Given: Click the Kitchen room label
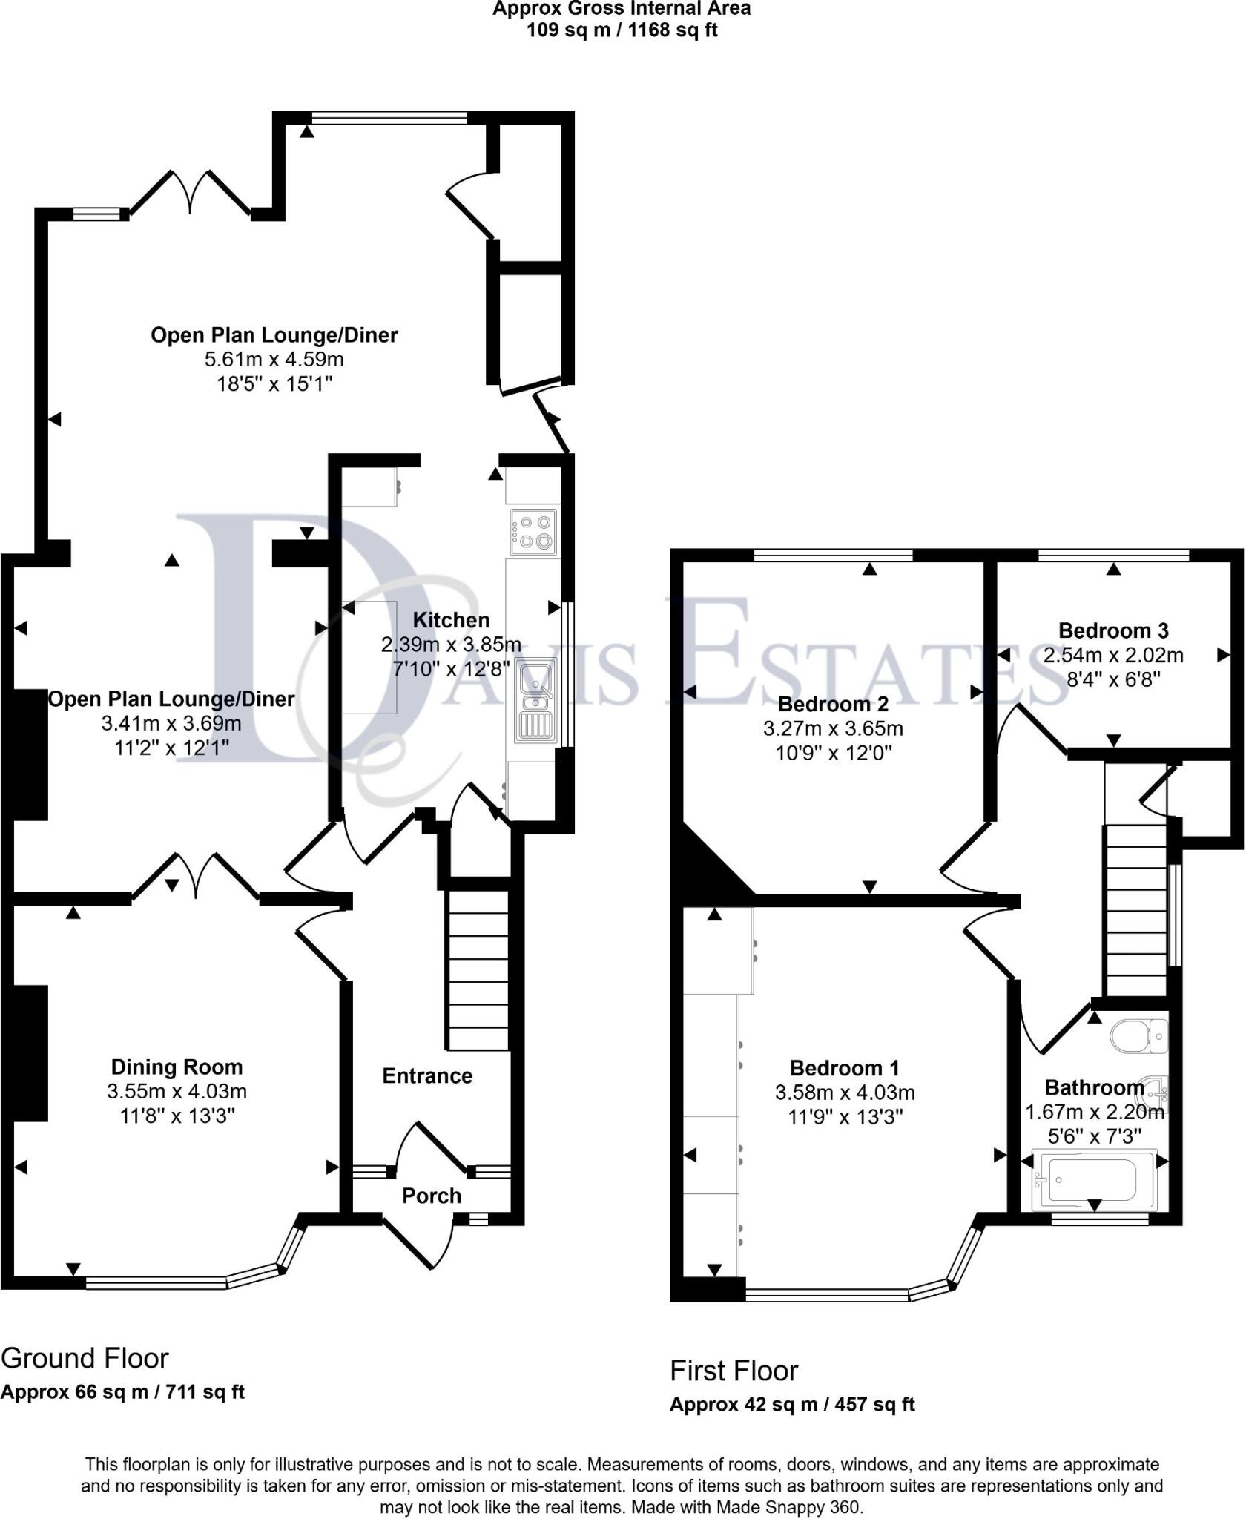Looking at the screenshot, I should [x=451, y=620].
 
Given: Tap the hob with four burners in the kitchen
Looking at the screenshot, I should [x=533, y=532].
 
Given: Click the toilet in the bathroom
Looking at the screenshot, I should [x=1139, y=1035].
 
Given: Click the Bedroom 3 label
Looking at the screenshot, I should [x=1112, y=630].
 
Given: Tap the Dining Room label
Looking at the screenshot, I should [x=177, y=1067].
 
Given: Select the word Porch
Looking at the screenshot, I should [x=431, y=1196].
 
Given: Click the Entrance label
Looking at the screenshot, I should [x=427, y=1076].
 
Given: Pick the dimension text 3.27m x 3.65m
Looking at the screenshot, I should [x=833, y=728].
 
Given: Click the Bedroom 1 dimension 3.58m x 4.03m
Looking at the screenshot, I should [x=845, y=1093].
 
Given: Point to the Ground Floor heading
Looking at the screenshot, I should [x=85, y=1359].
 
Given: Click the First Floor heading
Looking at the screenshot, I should [x=734, y=1371].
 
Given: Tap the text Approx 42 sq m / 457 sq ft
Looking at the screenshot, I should [x=791, y=1405].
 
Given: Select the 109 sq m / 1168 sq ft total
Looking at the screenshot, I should [x=622, y=30].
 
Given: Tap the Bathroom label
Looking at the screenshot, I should [x=1093, y=1088].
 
